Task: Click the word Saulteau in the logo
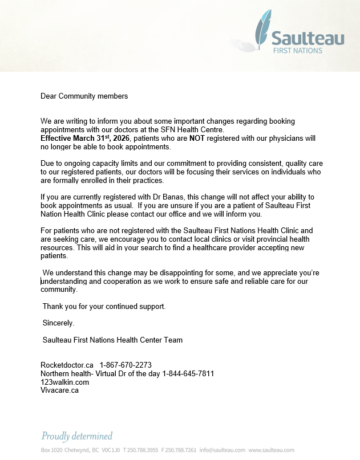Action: (308, 38)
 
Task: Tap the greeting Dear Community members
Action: (84, 96)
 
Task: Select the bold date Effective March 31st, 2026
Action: (86, 139)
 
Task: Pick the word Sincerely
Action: (58, 323)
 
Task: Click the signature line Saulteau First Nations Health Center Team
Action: (112, 340)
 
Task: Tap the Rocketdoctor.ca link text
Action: (67, 365)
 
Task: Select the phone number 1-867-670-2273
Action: (126, 365)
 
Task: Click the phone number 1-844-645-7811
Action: (188, 373)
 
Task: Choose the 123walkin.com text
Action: (64, 382)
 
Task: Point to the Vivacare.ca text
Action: (59, 390)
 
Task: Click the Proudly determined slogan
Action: (77, 436)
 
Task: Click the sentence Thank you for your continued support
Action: (104, 306)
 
